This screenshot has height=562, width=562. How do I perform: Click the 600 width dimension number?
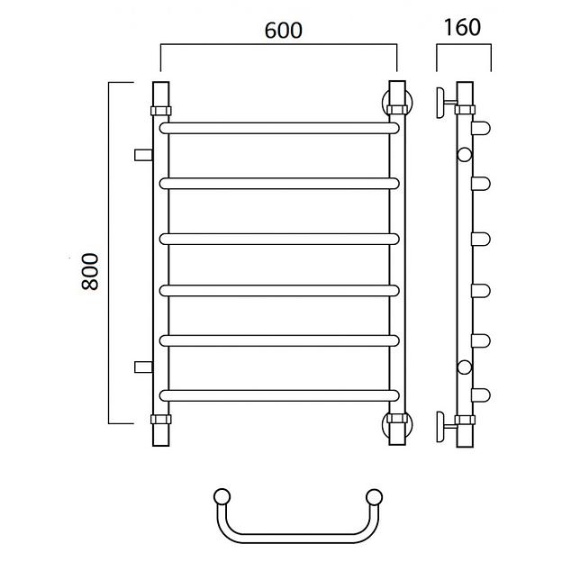click(283, 31)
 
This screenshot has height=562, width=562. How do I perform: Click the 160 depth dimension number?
click(462, 28)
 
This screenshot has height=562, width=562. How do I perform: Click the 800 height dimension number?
click(89, 271)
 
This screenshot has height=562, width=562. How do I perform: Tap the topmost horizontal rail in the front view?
click(279, 128)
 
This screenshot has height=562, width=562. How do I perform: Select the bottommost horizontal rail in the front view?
click(279, 395)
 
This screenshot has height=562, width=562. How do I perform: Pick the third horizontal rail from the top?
click(279, 239)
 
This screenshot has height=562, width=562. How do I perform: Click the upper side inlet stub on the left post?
click(143, 155)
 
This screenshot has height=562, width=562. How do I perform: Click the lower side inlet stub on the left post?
click(143, 367)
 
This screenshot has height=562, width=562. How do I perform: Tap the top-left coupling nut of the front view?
click(161, 111)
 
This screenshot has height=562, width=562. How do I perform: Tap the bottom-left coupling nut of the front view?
click(161, 419)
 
